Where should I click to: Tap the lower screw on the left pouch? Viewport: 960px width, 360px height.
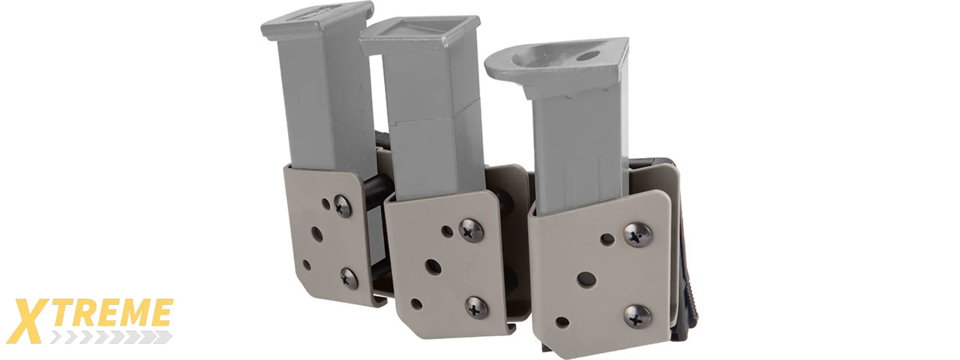349,278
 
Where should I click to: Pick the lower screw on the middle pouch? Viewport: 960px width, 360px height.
477,308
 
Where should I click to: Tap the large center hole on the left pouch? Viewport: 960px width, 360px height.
317,234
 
